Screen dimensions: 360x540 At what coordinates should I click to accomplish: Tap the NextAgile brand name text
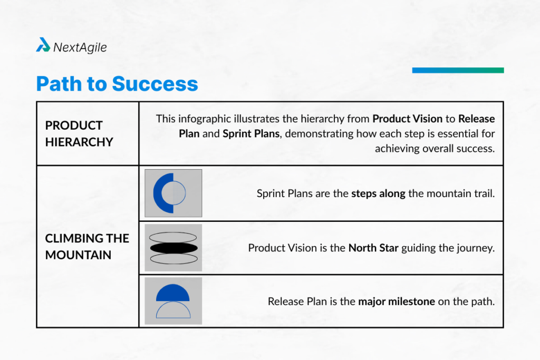tap(80, 47)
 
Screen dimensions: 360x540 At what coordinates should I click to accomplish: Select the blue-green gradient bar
tap(458, 70)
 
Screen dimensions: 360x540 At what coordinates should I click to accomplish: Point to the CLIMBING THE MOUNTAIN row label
tap(86, 246)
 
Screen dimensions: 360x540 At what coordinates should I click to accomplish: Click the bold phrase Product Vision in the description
tap(407, 119)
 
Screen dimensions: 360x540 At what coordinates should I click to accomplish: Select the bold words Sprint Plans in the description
tap(250, 133)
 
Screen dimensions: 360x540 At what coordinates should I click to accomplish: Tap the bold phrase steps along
tap(378, 193)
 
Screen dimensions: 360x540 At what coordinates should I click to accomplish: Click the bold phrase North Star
tap(373, 248)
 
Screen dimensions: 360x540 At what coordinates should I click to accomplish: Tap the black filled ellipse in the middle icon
tap(173, 247)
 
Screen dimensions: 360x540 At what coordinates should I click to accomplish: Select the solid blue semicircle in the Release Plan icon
tap(173, 293)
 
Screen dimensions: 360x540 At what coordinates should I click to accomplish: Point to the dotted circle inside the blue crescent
tap(179, 193)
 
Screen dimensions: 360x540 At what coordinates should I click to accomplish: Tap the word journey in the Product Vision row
tap(477, 248)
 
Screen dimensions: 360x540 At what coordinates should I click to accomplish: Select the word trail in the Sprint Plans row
tap(485, 193)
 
